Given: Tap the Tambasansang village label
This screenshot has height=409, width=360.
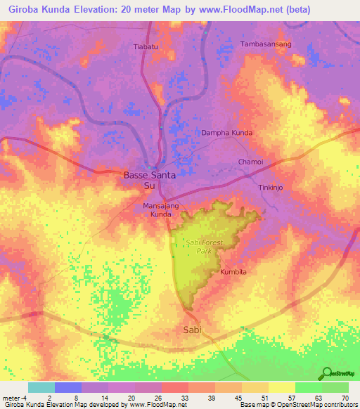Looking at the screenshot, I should click(266, 44).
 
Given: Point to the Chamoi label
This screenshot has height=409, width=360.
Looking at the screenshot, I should click(250, 162).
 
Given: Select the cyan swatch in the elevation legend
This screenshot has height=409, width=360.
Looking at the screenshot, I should click(41, 387).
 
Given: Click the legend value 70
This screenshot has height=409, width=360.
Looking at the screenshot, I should click(345, 397).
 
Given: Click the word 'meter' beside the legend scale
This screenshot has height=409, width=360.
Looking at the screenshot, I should click(10, 397).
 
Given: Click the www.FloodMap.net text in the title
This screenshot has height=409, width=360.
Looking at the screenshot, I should click(230, 9).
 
